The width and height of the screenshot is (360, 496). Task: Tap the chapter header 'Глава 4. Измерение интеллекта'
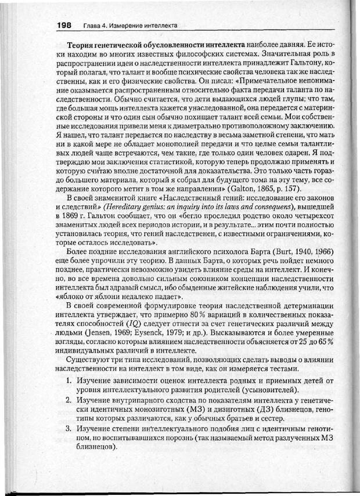pyautogui.click(x=130, y=26)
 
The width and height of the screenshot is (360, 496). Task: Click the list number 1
pyautogui.click(x=67, y=381)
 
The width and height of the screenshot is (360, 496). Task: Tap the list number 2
pyautogui.click(x=67, y=401)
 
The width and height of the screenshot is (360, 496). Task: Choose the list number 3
pyautogui.click(x=67, y=429)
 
